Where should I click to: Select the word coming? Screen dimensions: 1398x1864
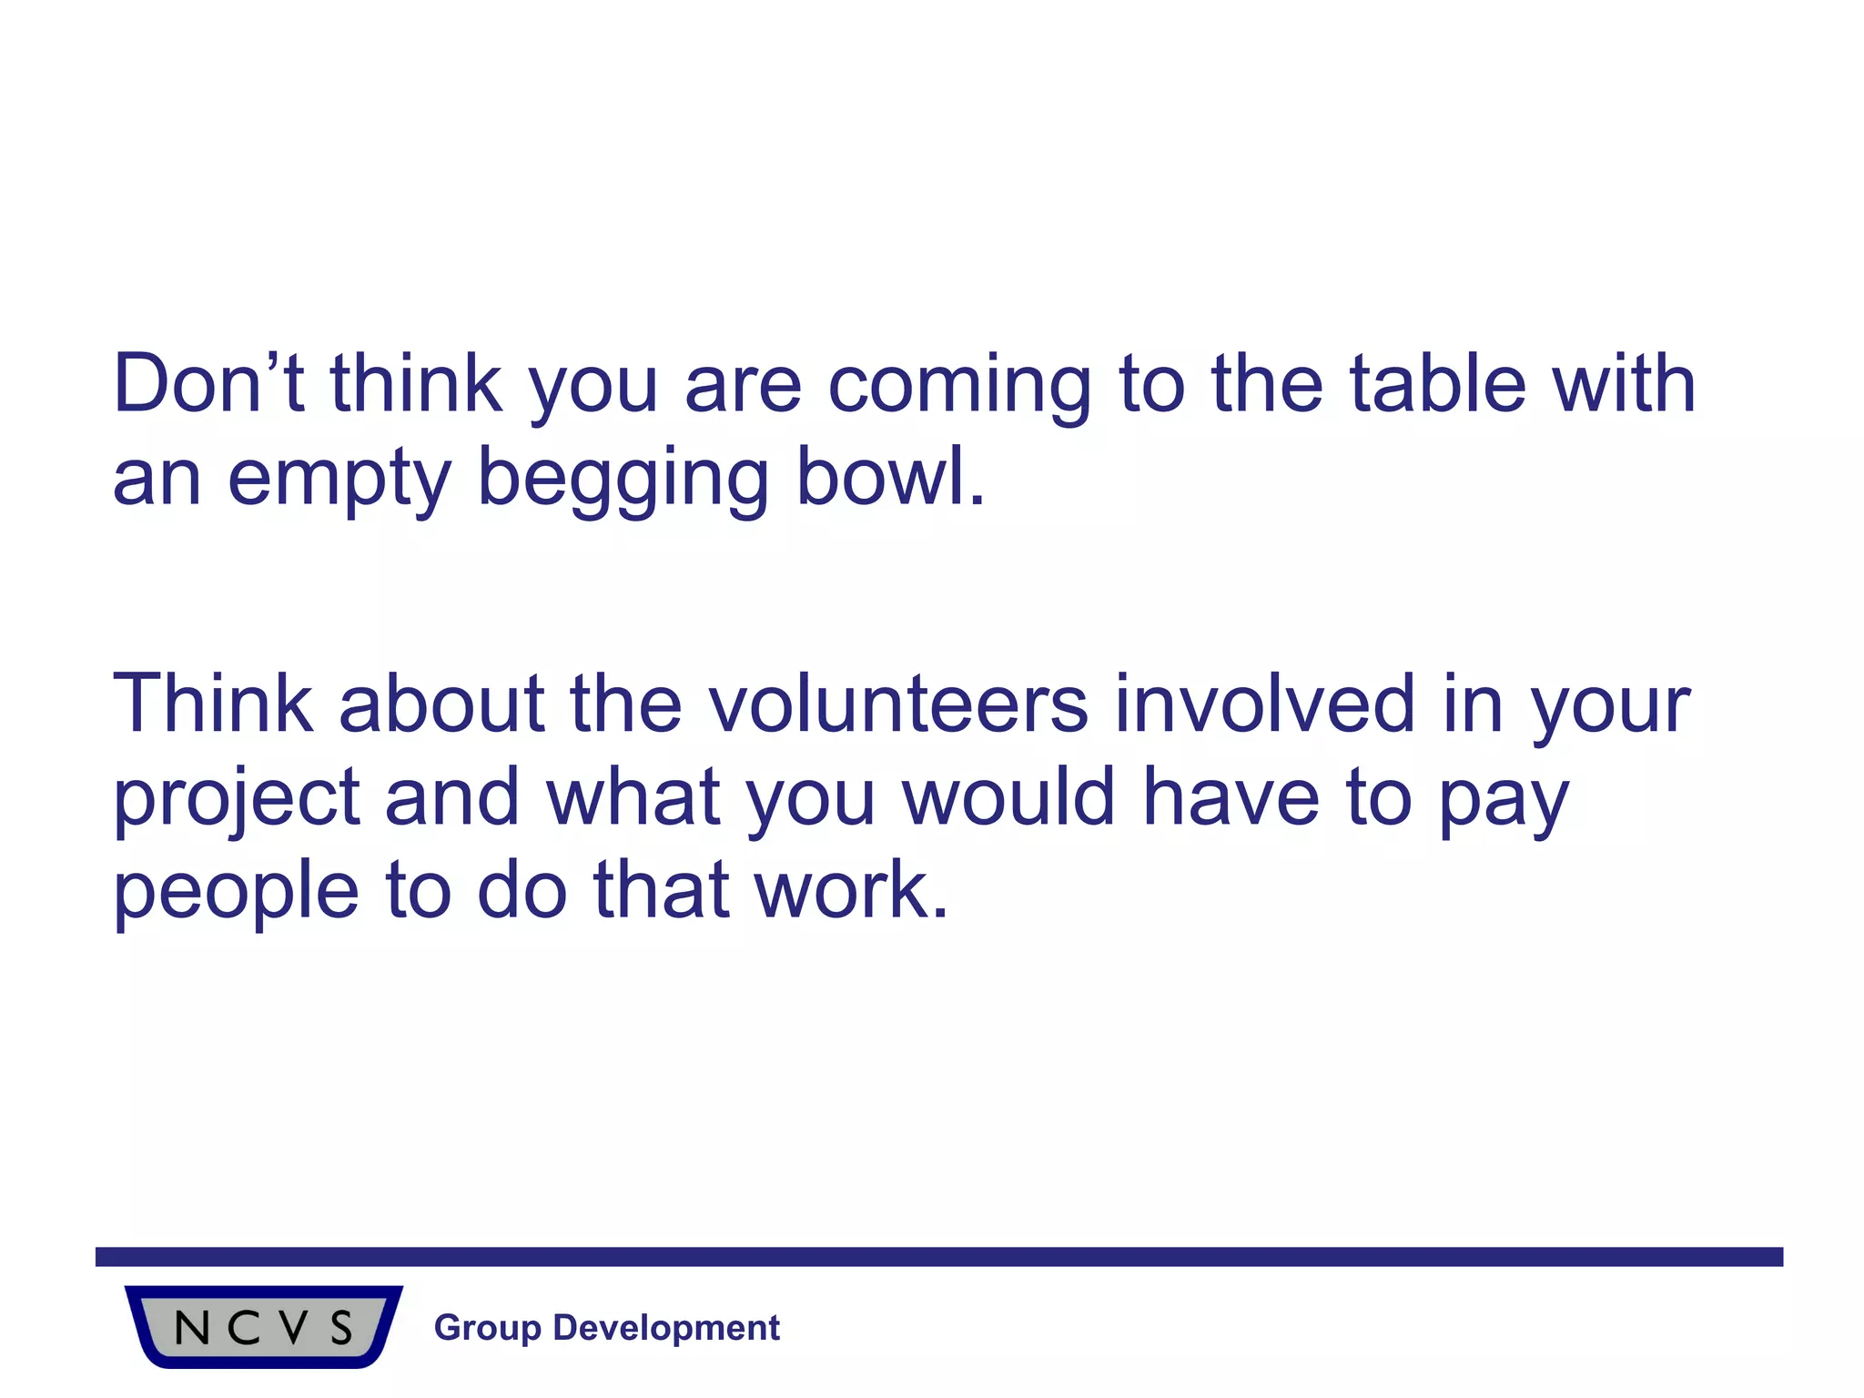point(959,386)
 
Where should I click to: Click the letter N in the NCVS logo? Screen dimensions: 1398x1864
point(192,1329)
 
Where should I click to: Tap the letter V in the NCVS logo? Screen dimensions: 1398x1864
point(293,1329)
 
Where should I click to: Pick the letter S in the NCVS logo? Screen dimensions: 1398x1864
point(341,1329)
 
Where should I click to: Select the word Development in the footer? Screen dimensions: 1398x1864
point(666,1328)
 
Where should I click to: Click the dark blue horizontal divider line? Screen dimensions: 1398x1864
point(938,1257)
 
